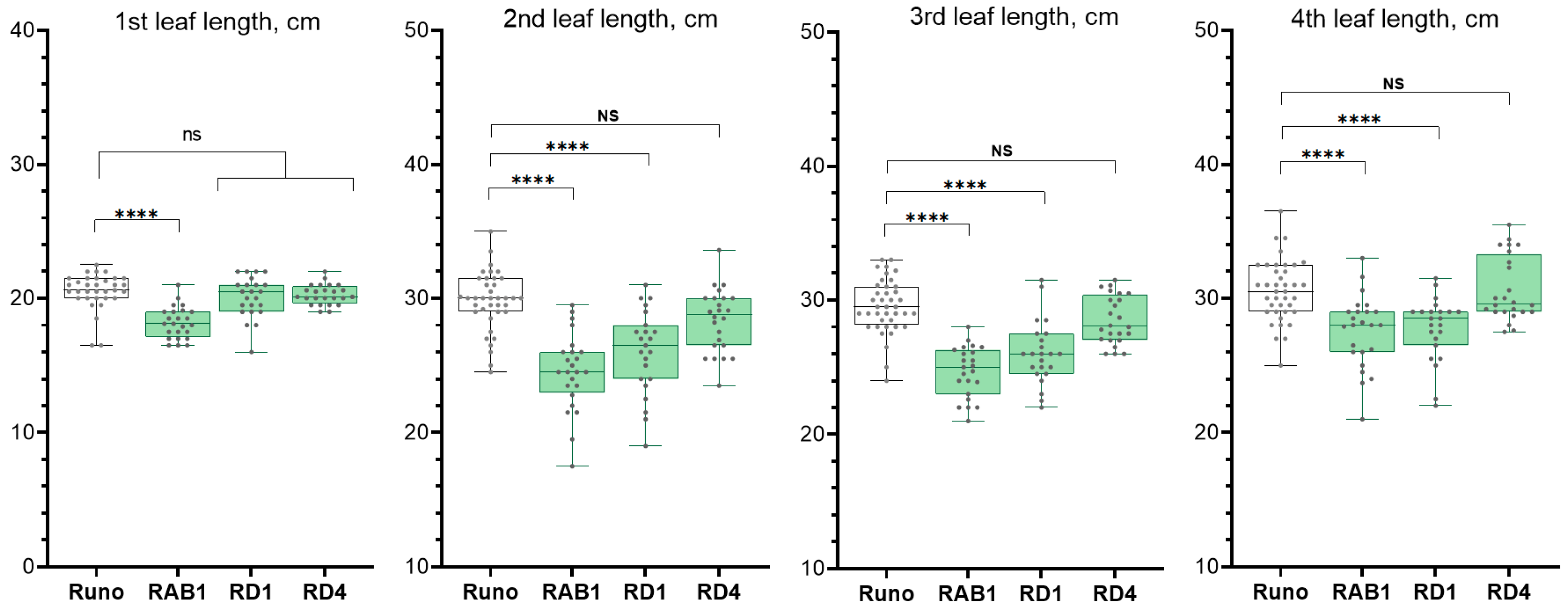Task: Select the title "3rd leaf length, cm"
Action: (1014, 17)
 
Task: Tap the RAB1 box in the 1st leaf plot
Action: (178, 324)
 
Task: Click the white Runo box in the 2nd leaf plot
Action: (490, 294)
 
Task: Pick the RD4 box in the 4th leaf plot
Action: (1508, 283)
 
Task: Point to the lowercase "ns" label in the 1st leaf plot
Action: (192, 134)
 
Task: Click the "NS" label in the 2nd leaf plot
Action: (608, 115)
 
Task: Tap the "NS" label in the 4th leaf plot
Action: (1393, 84)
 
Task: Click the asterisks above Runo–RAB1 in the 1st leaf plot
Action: (137, 213)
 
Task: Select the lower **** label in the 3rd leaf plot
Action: (927, 217)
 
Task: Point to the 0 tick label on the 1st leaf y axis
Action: (28, 566)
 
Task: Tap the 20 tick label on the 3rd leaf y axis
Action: (812, 433)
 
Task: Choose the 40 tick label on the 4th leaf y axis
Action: (1207, 164)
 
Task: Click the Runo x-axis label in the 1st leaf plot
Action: (96, 592)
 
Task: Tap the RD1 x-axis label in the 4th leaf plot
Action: (1435, 592)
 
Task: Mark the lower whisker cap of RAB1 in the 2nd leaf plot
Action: (572, 466)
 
